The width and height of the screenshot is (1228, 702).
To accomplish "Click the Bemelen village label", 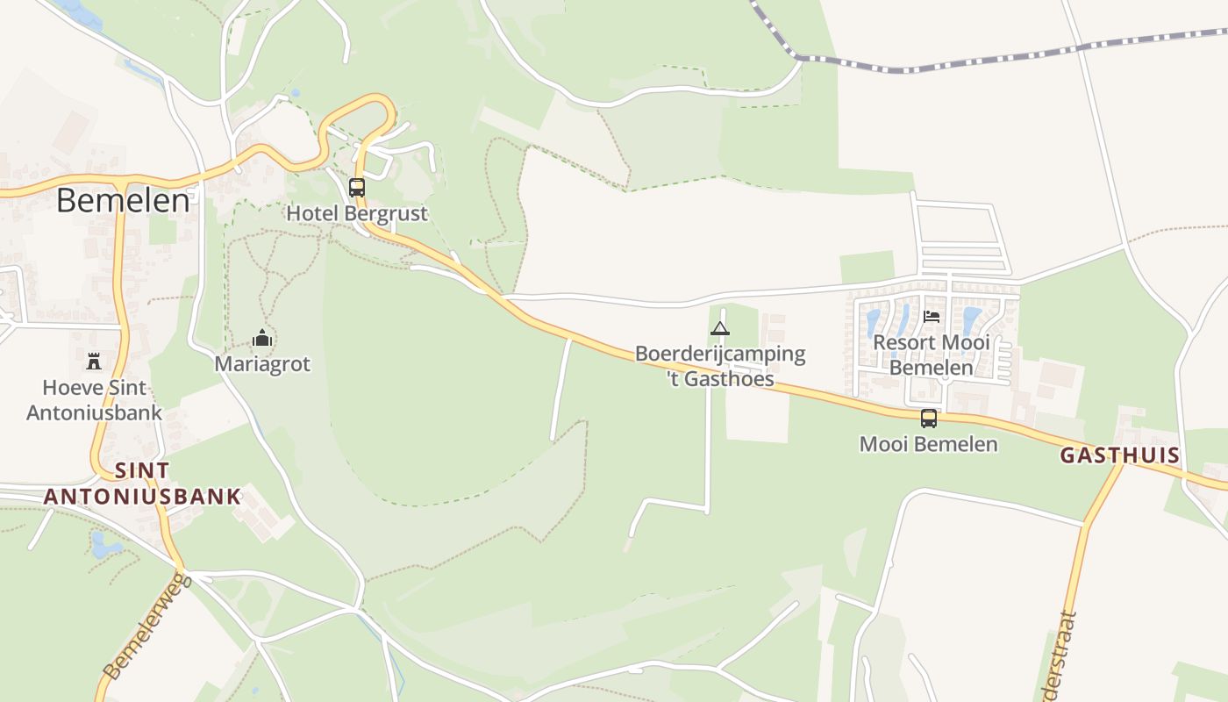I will pyautogui.click(x=123, y=201).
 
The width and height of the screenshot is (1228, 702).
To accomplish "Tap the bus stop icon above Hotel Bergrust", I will pyautogui.click(x=356, y=187).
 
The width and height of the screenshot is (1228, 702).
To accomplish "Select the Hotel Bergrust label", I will pyautogui.click(x=357, y=213).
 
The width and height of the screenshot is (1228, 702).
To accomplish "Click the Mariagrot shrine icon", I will pyautogui.click(x=262, y=338).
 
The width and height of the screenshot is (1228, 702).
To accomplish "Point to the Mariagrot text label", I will pyautogui.click(x=262, y=363).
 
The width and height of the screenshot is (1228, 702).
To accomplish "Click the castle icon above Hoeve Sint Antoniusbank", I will pyautogui.click(x=94, y=361).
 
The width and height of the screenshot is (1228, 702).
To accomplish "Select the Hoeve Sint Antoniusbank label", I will pyautogui.click(x=94, y=399).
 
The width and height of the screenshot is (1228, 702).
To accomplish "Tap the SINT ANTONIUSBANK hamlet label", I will pyautogui.click(x=142, y=484).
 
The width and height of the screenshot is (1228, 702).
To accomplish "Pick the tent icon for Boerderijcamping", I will pyautogui.click(x=719, y=329).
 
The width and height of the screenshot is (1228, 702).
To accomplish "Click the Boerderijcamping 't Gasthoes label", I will pyautogui.click(x=719, y=366).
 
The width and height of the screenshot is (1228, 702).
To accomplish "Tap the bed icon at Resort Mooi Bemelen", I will pyautogui.click(x=932, y=316).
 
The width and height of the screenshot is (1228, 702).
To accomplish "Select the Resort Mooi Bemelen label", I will pyautogui.click(x=932, y=355).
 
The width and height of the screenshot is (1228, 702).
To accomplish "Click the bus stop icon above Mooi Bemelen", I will pyautogui.click(x=928, y=419).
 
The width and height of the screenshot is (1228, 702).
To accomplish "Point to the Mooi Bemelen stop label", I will pyautogui.click(x=928, y=444).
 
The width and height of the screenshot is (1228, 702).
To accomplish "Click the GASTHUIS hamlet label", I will pyautogui.click(x=1119, y=455).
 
